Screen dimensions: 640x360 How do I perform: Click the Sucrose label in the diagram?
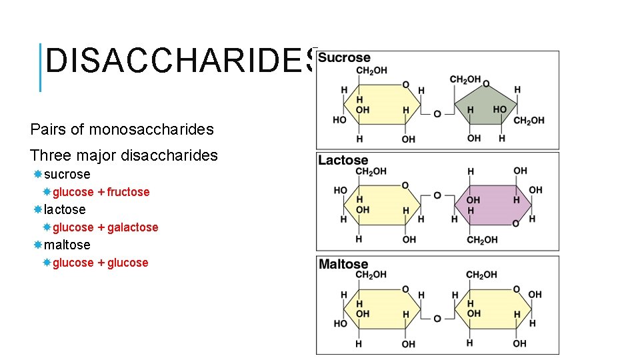click(x=344, y=58)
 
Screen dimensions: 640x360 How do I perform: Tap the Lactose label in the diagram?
click(x=343, y=160)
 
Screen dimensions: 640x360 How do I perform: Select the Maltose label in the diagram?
click(x=343, y=264)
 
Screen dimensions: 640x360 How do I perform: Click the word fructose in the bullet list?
click(x=128, y=192)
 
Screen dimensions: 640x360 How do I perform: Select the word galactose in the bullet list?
click(x=133, y=227)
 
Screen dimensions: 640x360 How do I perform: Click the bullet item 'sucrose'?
click(x=67, y=174)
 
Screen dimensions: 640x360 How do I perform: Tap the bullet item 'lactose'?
click(x=65, y=209)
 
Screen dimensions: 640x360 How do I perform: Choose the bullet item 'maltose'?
click(x=67, y=245)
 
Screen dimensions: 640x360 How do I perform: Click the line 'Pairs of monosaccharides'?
click(x=121, y=129)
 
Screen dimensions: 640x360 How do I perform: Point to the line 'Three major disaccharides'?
click(x=124, y=155)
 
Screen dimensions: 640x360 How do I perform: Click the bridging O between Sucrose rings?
click(x=437, y=114)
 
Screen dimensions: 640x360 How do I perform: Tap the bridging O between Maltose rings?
click(x=437, y=319)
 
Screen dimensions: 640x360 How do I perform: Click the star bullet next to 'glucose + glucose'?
click(x=47, y=263)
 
